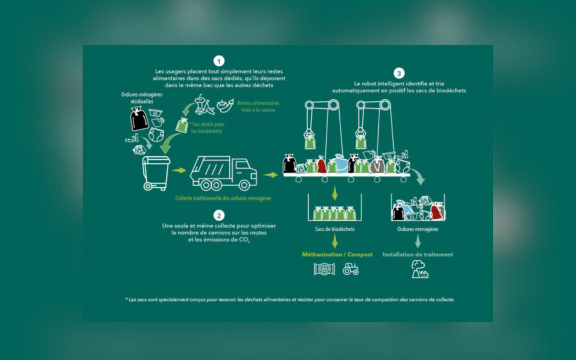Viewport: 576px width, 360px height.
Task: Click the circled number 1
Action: coord(219,61)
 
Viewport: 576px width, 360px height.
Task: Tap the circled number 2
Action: coord(219,215)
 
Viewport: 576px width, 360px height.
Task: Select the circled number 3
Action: coord(399,73)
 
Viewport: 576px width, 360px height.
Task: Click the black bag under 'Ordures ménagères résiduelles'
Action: coord(139,118)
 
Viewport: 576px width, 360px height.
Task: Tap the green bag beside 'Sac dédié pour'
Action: coord(182,125)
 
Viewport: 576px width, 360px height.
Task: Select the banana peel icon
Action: coord(203,106)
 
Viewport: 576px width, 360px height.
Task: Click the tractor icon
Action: coord(350,269)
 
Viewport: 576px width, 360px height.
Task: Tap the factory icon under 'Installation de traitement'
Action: coord(419,270)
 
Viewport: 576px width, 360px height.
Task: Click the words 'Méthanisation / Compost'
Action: coord(337,254)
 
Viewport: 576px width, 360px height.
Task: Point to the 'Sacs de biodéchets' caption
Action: coord(334,229)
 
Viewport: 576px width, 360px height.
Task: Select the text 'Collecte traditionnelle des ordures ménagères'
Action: coord(223,198)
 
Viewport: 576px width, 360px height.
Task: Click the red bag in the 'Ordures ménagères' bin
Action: coord(436,212)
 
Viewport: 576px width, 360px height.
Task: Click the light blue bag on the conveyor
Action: coord(341,163)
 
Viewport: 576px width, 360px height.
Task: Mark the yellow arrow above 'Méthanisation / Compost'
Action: coord(335,241)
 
